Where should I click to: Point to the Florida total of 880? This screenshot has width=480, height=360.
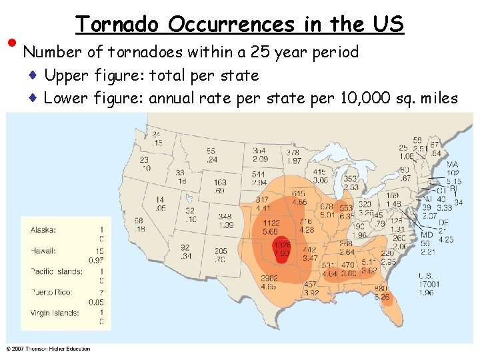coord(381,288)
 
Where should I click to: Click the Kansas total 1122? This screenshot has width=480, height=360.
coord(271,223)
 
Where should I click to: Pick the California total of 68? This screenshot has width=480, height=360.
coord(139,221)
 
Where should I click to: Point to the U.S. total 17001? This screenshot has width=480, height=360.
coord(429,283)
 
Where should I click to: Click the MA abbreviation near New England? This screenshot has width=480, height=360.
coord(453,164)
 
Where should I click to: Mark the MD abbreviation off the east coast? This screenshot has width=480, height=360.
coord(427,235)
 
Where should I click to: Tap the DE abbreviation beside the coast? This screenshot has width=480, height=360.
coord(443,223)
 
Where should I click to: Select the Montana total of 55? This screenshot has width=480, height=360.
coord(211,151)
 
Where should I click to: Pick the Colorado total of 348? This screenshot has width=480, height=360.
coord(225,217)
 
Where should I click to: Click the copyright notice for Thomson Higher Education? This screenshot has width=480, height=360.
coord(48,349)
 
